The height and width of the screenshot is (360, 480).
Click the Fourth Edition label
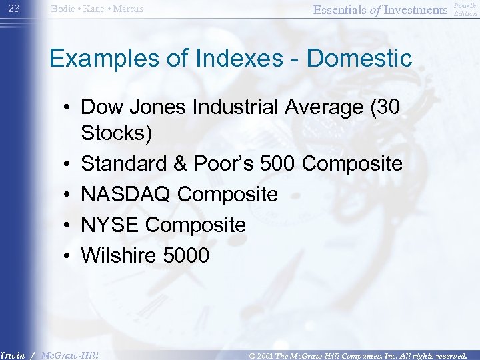point(465,9)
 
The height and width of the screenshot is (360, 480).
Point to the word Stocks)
point(117,133)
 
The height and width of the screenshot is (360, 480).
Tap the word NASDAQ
point(127,194)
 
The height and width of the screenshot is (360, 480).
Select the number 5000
point(189,255)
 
